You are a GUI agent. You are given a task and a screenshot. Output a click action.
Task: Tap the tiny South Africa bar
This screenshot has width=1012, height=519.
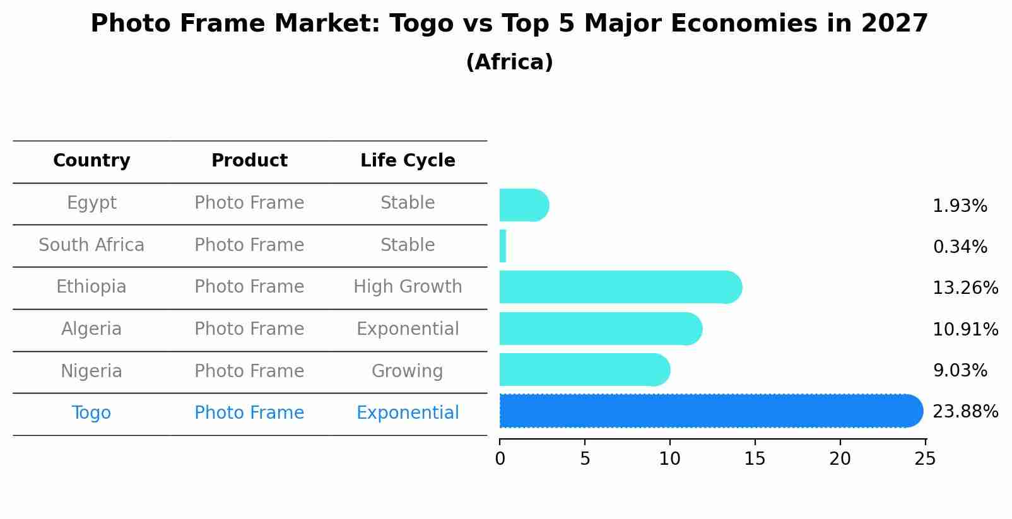[x=503, y=246]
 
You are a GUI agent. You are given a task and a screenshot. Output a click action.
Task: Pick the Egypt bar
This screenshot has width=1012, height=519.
[x=524, y=206]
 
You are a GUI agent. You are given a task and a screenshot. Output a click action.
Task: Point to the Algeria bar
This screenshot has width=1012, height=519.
[x=600, y=329]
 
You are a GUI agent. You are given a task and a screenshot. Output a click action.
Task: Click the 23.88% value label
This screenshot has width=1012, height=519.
[x=965, y=412]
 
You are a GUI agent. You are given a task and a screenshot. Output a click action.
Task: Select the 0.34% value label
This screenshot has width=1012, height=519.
[x=960, y=247]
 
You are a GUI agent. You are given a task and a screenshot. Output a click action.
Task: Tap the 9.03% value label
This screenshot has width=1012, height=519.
[x=960, y=371]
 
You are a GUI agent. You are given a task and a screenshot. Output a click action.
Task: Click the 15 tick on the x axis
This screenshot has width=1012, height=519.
[x=755, y=459]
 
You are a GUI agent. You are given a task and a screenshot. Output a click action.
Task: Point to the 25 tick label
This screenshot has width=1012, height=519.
[x=925, y=459]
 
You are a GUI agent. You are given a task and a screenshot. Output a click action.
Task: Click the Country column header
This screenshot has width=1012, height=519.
[x=91, y=161]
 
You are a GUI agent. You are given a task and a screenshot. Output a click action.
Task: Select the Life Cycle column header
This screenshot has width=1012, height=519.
[x=408, y=161]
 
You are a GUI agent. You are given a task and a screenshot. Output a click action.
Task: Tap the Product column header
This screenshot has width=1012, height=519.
[x=249, y=161]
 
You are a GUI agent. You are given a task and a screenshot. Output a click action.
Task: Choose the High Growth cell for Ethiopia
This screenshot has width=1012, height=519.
[x=408, y=287]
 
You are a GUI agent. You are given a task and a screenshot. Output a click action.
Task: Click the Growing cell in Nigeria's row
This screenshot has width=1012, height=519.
[x=408, y=371]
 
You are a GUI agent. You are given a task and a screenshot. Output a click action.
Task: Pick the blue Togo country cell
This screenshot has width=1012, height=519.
[x=91, y=413]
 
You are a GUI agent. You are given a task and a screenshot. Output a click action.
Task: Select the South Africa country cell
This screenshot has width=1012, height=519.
[x=91, y=245]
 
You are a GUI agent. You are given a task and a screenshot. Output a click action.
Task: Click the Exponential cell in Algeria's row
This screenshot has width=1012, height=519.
[x=408, y=329]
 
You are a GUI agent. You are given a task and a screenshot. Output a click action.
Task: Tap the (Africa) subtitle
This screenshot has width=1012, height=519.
[x=509, y=62]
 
